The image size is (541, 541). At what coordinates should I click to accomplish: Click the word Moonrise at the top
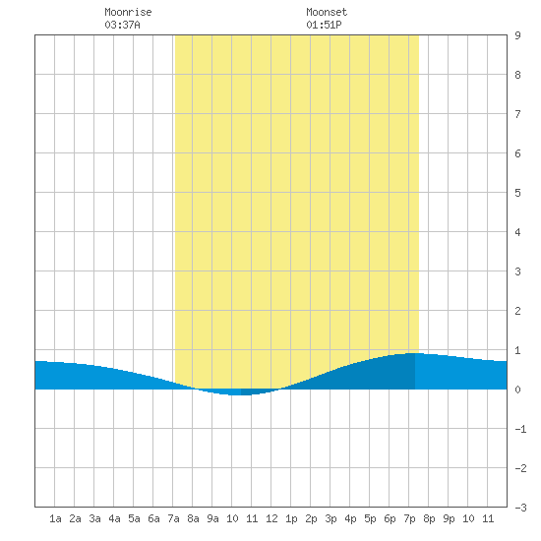click(128, 12)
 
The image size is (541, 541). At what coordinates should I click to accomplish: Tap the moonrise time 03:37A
click(122, 25)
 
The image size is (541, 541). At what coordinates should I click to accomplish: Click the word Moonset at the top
click(327, 12)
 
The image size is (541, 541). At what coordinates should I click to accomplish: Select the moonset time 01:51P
click(324, 25)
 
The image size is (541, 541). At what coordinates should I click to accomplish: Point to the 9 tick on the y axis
click(517, 35)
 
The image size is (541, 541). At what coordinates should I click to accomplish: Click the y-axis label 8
click(517, 75)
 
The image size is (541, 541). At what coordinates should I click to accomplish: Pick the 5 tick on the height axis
click(517, 193)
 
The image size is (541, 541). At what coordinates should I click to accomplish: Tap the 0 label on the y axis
click(517, 390)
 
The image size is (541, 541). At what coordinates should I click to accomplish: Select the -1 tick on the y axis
click(520, 429)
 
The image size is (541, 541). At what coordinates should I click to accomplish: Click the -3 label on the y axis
click(520, 508)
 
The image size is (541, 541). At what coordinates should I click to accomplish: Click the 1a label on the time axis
click(55, 518)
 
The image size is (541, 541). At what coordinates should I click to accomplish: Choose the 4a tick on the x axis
click(114, 518)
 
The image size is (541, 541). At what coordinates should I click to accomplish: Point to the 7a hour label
click(173, 518)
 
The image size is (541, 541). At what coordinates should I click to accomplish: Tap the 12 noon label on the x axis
click(271, 518)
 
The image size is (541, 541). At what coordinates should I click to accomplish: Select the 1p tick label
click(291, 518)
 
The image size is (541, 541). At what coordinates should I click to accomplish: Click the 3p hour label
click(331, 518)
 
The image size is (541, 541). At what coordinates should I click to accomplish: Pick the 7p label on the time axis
click(409, 518)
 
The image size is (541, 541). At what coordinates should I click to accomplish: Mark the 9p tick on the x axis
click(449, 518)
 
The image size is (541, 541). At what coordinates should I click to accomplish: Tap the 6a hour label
click(153, 518)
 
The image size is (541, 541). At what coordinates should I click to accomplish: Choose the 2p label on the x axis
click(311, 518)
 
